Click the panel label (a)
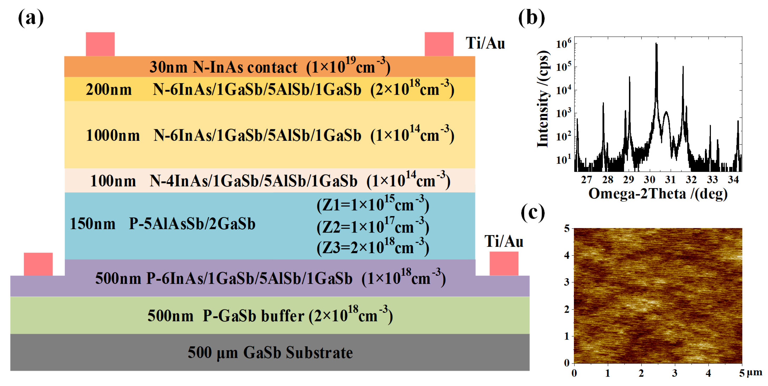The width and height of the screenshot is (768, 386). [x=31, y=18]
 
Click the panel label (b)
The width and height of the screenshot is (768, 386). [x=531, y=18]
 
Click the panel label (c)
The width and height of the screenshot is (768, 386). [x=533, y=212]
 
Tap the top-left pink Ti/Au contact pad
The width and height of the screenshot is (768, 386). [x=100, y=44]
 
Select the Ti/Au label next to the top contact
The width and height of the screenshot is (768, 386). [x=485, y=43]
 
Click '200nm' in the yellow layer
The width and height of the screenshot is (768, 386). [x=109, y=89]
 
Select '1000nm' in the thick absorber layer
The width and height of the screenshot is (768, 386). [x=113, y=136]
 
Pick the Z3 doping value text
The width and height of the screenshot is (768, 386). [x=373, y=247]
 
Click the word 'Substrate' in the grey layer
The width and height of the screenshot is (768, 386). [x=319, y=353]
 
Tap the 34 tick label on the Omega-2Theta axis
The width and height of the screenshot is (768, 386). [x=733, y=180]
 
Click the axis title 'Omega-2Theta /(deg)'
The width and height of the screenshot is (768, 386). [x=658, y=194]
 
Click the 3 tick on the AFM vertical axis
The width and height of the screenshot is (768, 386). [x=567, y=282]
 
